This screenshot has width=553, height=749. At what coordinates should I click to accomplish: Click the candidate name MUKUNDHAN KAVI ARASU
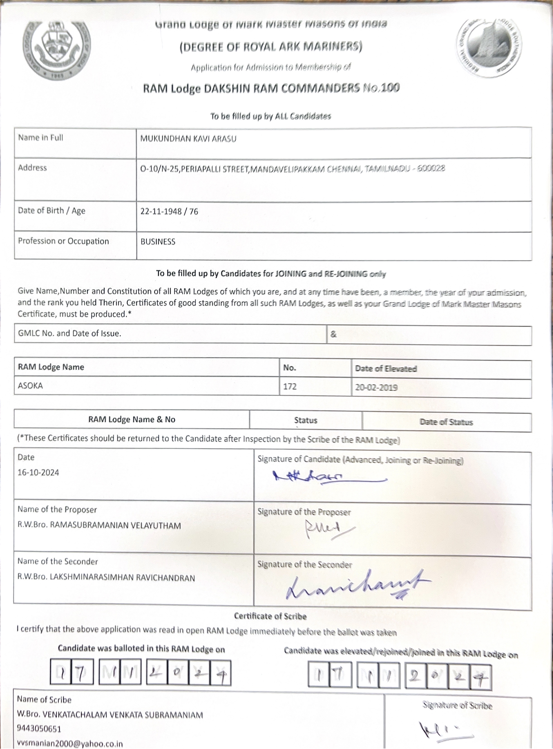pos(188,139)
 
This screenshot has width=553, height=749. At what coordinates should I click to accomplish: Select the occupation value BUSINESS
pos(158,242)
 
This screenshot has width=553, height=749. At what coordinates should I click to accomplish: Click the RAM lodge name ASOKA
pos(31,386)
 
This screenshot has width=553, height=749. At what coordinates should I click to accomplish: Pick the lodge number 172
pos(290,387)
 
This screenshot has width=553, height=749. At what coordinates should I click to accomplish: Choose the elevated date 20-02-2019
pos(376,387)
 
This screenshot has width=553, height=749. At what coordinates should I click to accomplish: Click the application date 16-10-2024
pos(38,472)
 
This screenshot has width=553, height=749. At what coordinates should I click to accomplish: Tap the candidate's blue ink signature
pos(328,477)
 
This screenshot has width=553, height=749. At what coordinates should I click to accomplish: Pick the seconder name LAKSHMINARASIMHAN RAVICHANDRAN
pos(122,578)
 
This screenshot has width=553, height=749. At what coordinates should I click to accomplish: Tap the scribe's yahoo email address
pos(70,744)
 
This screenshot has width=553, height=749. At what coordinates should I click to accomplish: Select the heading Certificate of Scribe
pos(270,616)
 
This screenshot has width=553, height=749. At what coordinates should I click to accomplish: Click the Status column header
pos(305,420)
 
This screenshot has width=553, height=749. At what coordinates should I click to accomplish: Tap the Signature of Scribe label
pos(457,706)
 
